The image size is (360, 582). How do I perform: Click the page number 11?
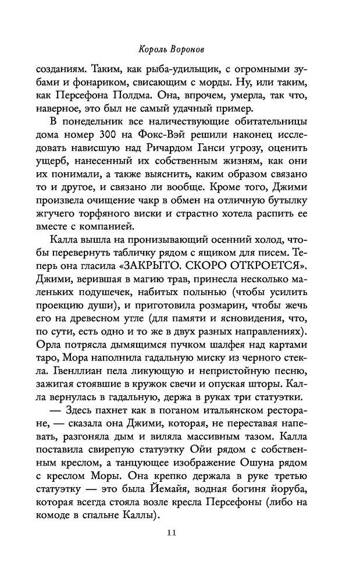[180, 533]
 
